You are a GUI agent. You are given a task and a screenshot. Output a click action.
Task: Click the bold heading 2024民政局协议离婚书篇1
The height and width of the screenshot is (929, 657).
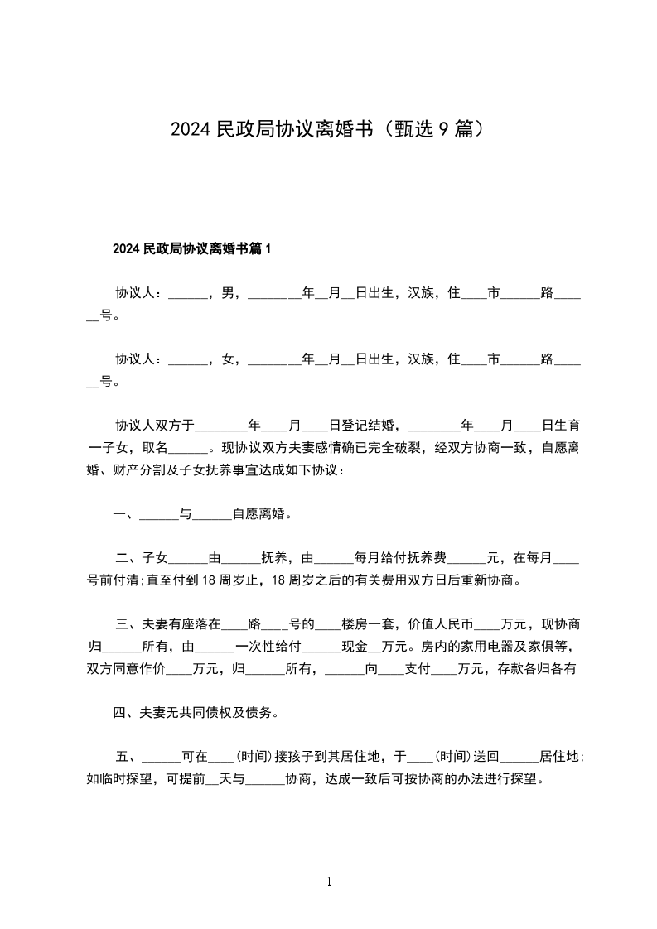pos(192,248)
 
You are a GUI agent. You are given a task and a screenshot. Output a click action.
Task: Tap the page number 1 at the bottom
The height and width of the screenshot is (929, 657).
pos(329,882)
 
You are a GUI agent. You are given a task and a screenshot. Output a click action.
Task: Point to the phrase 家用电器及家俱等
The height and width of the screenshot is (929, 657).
pos(505,647)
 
